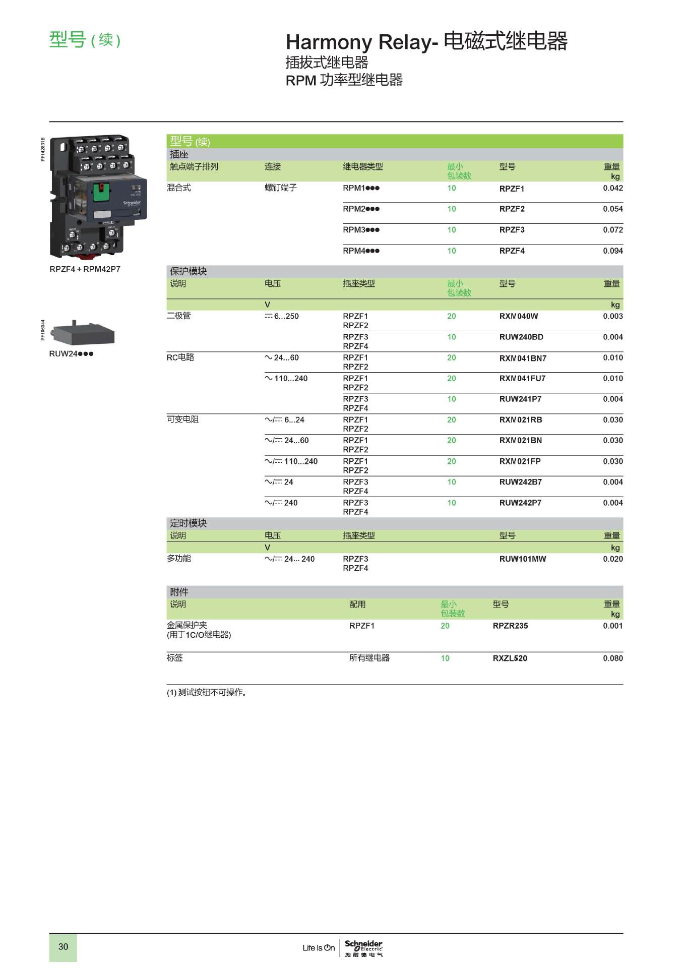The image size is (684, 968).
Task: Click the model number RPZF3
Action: tap(512, 230)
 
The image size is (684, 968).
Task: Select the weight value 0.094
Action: tap(612, 251)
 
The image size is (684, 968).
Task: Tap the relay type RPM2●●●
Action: tap(361, 209)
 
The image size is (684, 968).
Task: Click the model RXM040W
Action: tap(518, 316)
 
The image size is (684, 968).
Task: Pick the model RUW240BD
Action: tap(521, 337)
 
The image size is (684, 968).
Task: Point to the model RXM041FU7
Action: tap(522, 379)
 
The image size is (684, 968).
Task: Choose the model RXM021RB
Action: tap(521, 420)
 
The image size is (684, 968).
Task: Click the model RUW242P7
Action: tap(520, 503)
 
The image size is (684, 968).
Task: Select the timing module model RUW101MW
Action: tap(522, 559)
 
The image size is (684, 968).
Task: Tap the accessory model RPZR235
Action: tap(510, 626)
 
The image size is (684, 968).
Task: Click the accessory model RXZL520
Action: tap(510, 658)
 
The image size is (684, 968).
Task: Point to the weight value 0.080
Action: tap(612, 658)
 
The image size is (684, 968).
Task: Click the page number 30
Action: tap(63, 946)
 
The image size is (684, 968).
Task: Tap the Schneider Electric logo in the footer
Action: tap(363, 947)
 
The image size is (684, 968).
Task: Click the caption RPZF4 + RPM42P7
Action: tap(85, 269)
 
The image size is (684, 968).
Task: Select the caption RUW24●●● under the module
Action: tap(71, 354)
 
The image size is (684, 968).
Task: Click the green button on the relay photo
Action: tap(101, 192)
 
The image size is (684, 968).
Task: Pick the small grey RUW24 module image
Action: tap(84, 333)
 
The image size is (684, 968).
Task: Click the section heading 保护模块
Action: tap(188, 271)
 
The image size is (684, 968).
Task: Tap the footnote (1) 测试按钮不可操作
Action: tap(207, 693)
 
